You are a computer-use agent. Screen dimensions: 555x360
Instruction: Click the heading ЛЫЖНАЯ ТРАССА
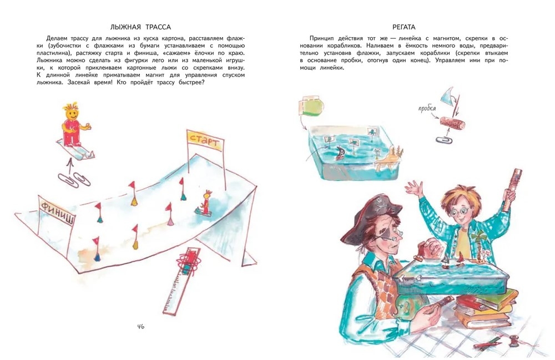coord(140,27)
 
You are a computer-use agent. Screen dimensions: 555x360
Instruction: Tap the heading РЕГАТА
coord(404,27)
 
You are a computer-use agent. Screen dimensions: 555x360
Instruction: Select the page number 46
coord(140,326)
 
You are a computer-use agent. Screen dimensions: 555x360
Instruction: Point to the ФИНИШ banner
coord(57,211)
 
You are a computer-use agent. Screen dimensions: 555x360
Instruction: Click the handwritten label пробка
coord(427,108)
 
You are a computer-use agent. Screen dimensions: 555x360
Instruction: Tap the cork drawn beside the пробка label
coord(453,125)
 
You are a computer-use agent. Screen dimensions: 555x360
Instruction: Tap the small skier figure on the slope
coord(204,204)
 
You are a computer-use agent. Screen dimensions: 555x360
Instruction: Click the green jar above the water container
coord(312,108)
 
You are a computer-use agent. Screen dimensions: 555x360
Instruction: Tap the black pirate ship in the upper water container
coord(340,153)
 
